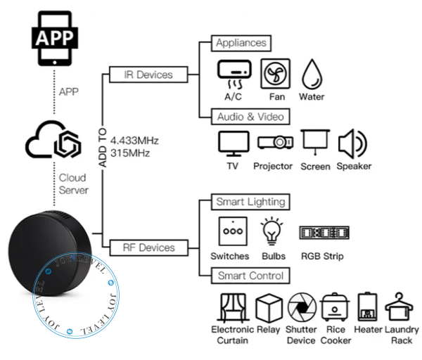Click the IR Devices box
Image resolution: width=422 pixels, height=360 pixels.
(x=148, y=75)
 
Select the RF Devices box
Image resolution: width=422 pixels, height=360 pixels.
(x=149, y=247)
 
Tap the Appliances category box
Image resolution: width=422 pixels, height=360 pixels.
(x=241, y=43)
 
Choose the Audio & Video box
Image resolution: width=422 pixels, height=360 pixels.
(x=250, y=117)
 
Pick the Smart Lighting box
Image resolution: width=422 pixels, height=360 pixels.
(x=250, y=202)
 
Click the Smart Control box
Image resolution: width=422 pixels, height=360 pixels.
(x=250, y=276)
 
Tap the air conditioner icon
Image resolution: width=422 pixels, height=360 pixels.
(x=234, y=75)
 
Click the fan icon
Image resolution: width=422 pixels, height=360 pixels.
(x=275, y=74)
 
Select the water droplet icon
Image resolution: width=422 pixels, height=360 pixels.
(x=312, y=75)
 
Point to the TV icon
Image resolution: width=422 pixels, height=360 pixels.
(x=234, y=143)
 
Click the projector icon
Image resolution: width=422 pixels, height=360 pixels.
(x=275, y=142)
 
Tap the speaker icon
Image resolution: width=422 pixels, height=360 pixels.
(x=352, y=143)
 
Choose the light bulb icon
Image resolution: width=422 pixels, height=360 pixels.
(x=271, y=231)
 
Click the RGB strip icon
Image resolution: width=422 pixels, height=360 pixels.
(x=324, y=233)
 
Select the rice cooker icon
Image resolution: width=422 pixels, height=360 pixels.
(x=335, y=307)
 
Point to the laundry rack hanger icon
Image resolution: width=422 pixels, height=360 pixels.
(x=399, y=307)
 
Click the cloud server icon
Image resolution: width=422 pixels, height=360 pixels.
(x=53, y=139)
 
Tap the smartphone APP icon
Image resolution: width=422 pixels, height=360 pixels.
(x=55, y=38)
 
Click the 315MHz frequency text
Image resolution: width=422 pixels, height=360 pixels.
(x=130, y=153)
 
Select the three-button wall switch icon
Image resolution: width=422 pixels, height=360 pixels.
(x=233, y=231)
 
